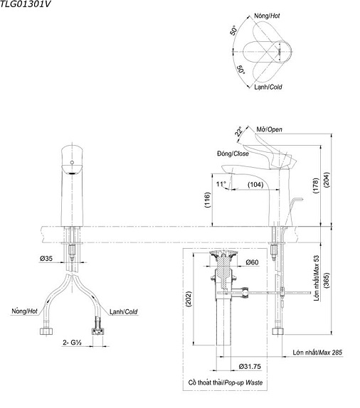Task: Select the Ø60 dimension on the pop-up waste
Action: [x=251, y=263]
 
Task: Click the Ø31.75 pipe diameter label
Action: [x=253, y=366]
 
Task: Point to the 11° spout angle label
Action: [x=221, y=185]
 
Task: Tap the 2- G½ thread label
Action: [x=74, y=343]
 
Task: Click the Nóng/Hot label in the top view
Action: [x=268, y=15]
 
